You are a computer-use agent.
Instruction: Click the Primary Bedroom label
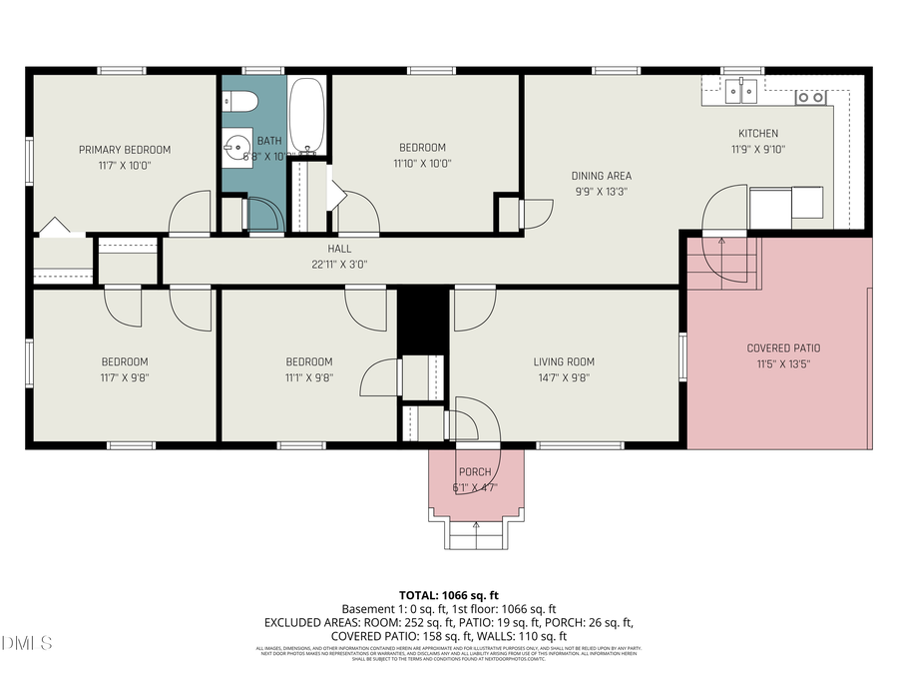(x=125, y=150)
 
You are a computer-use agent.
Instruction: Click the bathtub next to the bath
(x=307, y=117)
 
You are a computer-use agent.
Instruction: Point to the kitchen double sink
(x=740, y=92)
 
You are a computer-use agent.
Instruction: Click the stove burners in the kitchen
(x=809, y=97)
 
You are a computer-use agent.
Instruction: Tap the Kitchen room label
(x=757, y=134)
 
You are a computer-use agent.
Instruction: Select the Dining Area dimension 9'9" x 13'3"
(x=601, y=191)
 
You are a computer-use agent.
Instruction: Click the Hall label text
(x=339, y=249)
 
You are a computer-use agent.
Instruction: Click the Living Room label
(x=564, y=361)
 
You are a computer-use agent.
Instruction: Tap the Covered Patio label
(x=783, y=348)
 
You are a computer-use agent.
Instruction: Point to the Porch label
(x=474, y=472)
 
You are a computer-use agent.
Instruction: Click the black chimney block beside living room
(x=423, y=321)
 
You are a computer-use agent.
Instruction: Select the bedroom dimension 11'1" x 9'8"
(x=308, y=377)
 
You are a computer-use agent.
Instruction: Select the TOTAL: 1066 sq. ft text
(x=448, y=594)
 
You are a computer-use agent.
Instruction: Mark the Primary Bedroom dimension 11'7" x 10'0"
(x=125, y=166)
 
